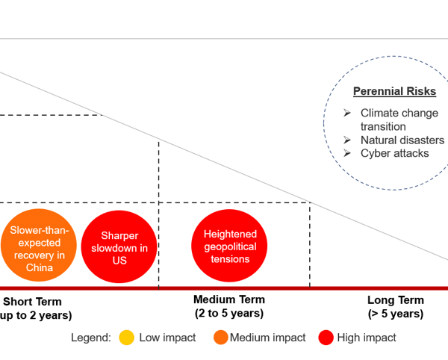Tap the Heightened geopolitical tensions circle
(x=229, y=246)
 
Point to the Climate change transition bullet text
(x=399, y=120)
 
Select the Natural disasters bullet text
(x=402, y=140)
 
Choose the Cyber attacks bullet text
(x=394, y=153)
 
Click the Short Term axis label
(x=34, y=302)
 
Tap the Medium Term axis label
(x=229, y=300)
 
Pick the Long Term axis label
(x=395, y=300)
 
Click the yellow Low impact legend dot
(x=127, y=338)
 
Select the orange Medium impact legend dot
(x=220, y=338)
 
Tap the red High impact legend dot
(x=325, y=338)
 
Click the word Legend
(x=90, y=338)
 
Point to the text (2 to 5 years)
(x=229, y=313)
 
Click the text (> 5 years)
(x=395, y=314)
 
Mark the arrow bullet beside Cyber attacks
(x=347, y=153)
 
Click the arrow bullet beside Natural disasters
(x=347, y=140)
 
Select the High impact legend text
(x=367, y=338)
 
